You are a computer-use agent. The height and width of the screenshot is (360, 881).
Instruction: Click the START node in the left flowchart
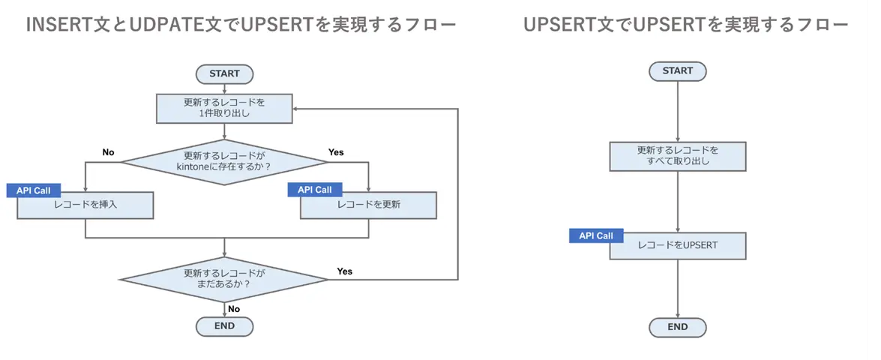pos(224,73)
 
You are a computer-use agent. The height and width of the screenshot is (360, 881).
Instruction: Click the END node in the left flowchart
pos(224,326)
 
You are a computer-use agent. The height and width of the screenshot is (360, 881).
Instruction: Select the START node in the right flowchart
pos(678,70)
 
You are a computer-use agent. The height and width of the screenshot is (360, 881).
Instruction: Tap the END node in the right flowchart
pos(678,327)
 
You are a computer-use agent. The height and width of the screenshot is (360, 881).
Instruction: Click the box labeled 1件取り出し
pos(224,108)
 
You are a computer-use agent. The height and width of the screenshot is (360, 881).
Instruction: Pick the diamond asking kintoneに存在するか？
pos(224,161)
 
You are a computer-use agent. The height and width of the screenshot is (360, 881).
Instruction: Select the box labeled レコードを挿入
pos(85,205)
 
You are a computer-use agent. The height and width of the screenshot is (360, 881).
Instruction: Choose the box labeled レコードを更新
pos(368,205)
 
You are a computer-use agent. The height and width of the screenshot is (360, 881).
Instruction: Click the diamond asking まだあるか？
pos(224,279)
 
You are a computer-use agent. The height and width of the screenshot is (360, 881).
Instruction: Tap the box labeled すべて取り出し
pos(678,155)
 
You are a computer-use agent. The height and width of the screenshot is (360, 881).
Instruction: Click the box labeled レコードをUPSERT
pos(678,245)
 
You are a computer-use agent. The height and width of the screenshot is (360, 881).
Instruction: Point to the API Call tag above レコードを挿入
pos(33,190)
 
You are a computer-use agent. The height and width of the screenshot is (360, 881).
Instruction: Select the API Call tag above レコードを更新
pos(315,190)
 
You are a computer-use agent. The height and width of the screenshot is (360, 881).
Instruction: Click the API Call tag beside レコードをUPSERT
pos(596,235)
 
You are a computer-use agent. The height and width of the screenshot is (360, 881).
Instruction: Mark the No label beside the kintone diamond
pos(108,152)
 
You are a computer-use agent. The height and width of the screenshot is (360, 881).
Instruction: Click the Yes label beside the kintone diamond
pos(336,152)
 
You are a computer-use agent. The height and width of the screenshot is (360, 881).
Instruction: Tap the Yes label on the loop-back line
pos(345,271)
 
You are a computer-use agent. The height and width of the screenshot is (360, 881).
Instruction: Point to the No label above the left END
pos(234,308)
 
